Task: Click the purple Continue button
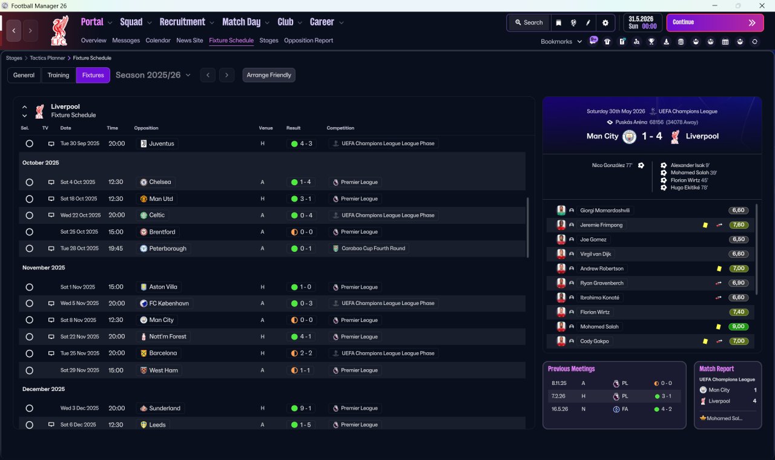pyautogui.click(x=714, y=22)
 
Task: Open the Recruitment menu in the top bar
pyautogui.click(x=182, y=22)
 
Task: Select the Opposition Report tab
pyautogui.click(x=308, y=41)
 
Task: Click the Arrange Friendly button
pyautogui.click(x=269, y=75)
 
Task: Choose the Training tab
pyautogui.click(x=58, y=75)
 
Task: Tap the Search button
pyautogui.click(x=529, y=22)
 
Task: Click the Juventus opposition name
pyautogui.click(x=161, y=143)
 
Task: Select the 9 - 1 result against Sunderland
pyautogui.click(x=301, y=408)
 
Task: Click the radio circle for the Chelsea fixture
pyautogui.click(x=29, y=182)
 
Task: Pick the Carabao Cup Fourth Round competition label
pyautogui.click(x=369, y=248)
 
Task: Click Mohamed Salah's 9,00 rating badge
pyautogui.click(x=739, y=327)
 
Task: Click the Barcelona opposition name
pyautogui.click(x=163, y=353)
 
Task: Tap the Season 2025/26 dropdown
pyautogui.click(x=153, y=75)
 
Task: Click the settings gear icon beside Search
pyautogui.click(x=605, y=22)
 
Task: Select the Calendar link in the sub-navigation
pyautogui.click(x=158, y=41)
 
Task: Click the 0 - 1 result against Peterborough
pyautogui.click(x=301, y=248)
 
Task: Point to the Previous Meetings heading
pyautogui.click(x=571, y=369)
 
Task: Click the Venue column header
pyautogui.click(x=266, y=128)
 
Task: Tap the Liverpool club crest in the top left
pyautogui.click(x=59, y=30)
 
